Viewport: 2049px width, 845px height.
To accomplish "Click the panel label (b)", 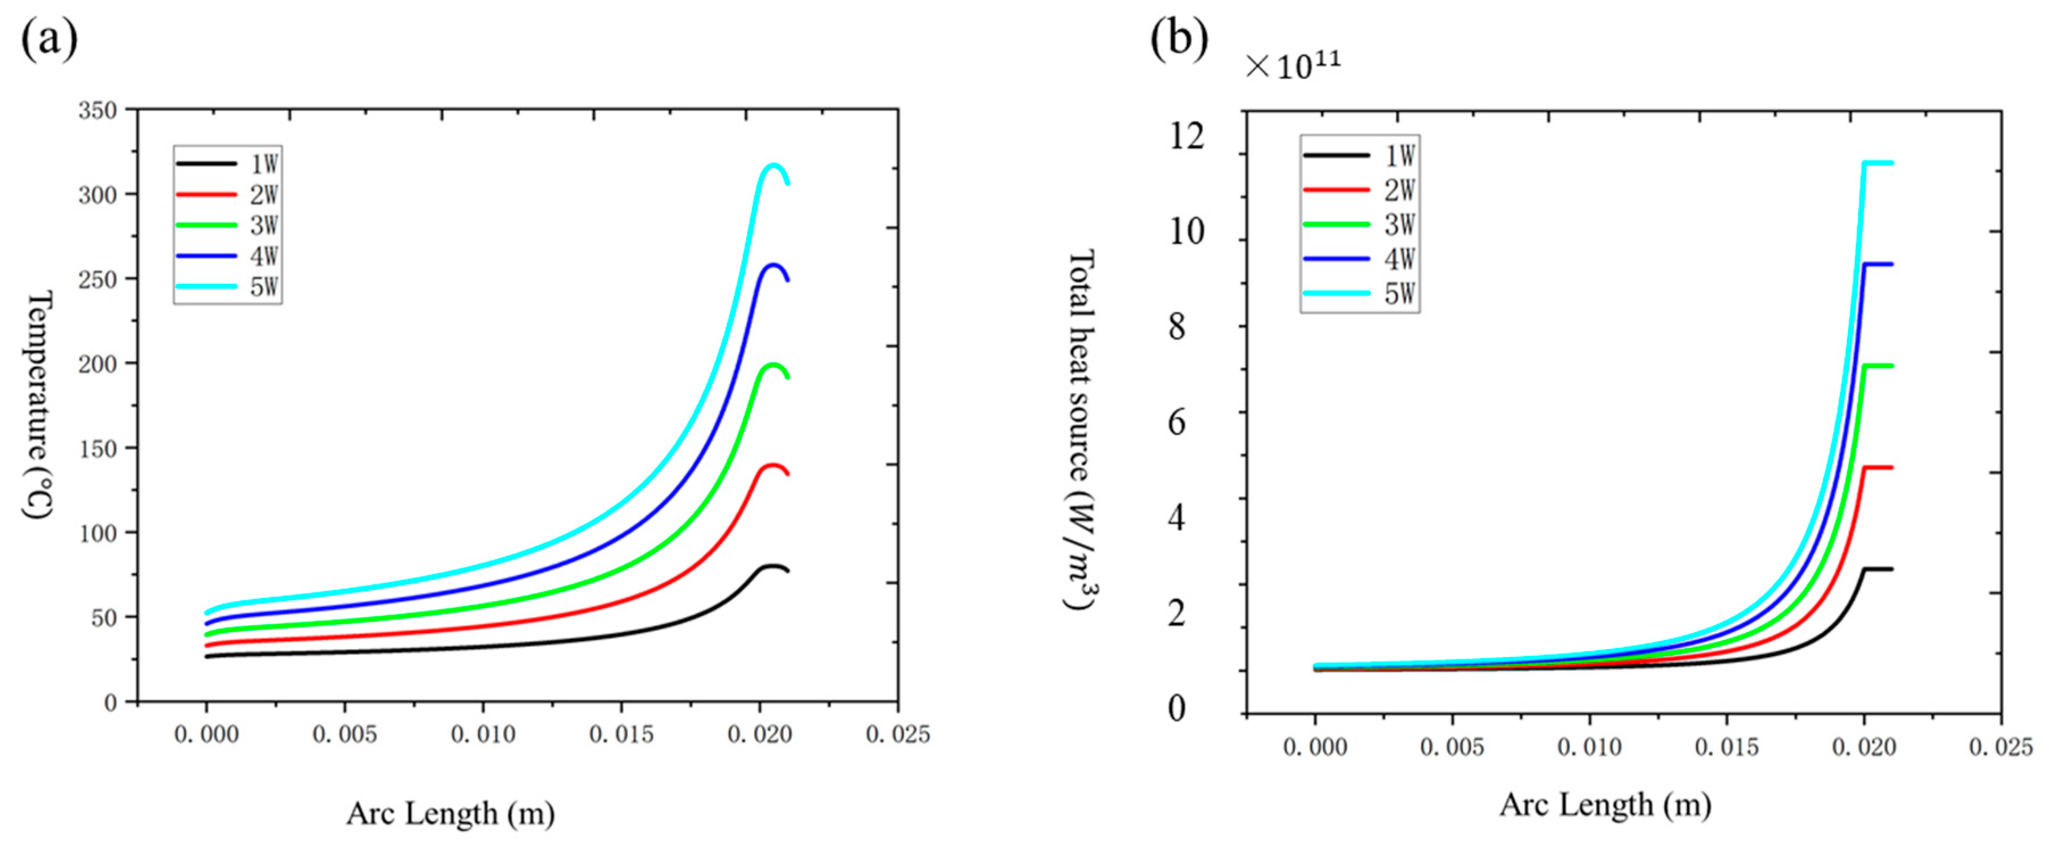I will click(1179, 38).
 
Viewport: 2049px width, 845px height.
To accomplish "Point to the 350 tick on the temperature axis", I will click(97, 110).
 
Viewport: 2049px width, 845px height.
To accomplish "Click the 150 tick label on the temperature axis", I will click(97, 449).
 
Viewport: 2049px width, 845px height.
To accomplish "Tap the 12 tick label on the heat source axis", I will click(1186, 137).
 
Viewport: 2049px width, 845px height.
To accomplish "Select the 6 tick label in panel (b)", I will click(1177, 422).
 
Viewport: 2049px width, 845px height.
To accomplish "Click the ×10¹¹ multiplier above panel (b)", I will click(1293, 65).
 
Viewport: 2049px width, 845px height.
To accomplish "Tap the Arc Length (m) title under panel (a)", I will click(450, 813).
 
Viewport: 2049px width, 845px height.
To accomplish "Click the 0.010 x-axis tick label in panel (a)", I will click(483, 734).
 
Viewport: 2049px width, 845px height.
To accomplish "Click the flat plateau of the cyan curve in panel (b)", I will click(1878, 163).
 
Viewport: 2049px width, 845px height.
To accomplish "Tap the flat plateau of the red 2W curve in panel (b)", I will click(1878, 468).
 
